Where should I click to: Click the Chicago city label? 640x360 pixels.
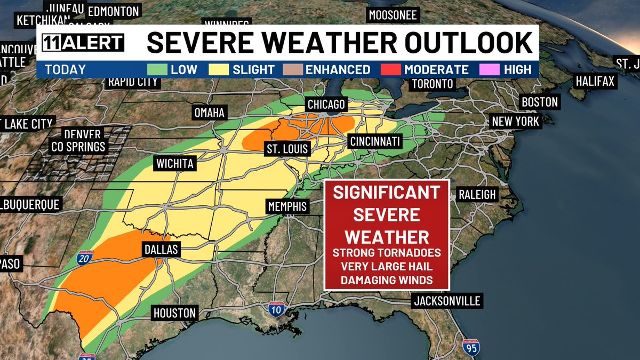point(325,104)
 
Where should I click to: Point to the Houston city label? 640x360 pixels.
point(175,313)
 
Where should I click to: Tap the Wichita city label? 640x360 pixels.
point(175,163)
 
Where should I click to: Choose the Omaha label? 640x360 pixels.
point(210,113)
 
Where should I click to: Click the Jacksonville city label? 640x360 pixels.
point(447,301)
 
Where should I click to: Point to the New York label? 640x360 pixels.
point(515,121)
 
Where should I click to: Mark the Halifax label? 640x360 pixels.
point(595,82)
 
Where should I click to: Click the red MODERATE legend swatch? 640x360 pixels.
point(391,69)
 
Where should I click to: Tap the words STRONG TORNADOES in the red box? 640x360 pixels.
point(387,252)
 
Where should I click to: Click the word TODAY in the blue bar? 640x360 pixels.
point(65,69)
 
